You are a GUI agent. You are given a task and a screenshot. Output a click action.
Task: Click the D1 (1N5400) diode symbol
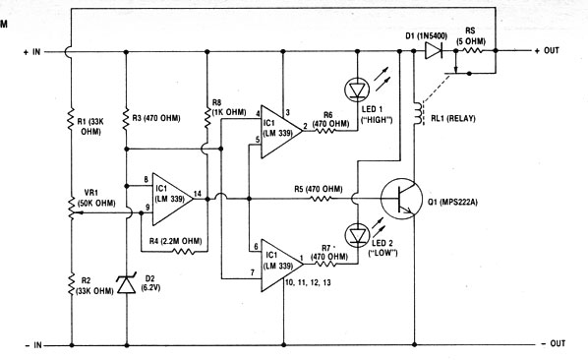434,50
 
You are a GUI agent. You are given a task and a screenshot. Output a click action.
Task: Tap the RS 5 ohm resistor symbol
473,50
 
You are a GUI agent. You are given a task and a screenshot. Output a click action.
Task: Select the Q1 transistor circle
401,199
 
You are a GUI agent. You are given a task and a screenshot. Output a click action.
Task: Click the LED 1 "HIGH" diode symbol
357,90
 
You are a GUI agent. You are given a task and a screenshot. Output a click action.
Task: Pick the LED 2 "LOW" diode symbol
357,235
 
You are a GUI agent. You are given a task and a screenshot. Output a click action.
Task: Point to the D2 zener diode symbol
127,283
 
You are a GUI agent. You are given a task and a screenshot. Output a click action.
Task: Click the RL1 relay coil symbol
417,113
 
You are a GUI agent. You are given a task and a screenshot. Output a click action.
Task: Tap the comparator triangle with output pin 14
172,199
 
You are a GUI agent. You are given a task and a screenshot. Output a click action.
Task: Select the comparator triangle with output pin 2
281,132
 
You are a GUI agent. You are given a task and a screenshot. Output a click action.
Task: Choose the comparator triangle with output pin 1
282,266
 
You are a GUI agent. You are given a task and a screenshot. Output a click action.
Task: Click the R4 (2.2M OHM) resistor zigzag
183,252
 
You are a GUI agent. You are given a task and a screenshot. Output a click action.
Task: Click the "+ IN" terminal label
32,52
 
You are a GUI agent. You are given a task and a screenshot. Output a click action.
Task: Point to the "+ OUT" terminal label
547,50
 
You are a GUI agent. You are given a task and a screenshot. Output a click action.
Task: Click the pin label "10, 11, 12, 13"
308,282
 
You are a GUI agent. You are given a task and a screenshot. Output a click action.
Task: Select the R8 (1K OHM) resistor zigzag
206,116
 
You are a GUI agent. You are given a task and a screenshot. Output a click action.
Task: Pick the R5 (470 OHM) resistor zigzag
321,199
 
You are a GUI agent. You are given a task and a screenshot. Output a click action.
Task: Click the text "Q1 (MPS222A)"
452,202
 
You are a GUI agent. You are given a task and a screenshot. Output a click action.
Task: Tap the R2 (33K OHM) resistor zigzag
71,284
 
